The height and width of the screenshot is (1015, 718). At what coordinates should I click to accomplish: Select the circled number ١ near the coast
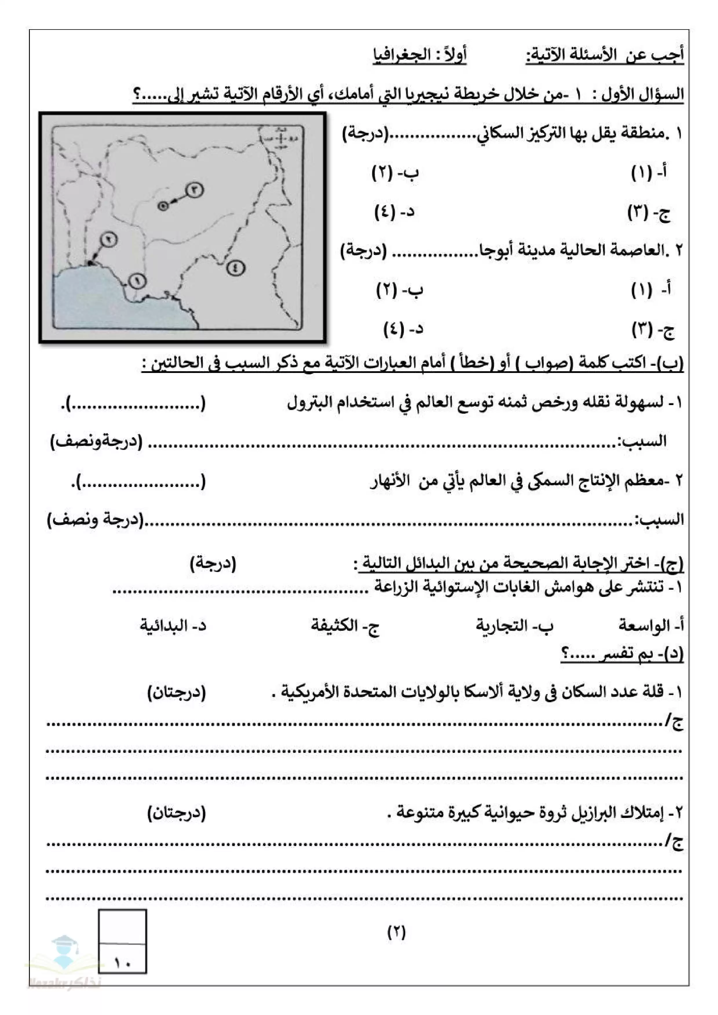click(x=137, y=280)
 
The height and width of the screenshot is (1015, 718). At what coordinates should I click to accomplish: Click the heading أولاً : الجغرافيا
click(x=419, y=55)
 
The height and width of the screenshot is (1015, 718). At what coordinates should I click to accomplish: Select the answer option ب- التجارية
click(x=514, y=626)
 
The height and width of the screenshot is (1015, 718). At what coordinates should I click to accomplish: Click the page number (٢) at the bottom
click(x=397, y=932)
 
